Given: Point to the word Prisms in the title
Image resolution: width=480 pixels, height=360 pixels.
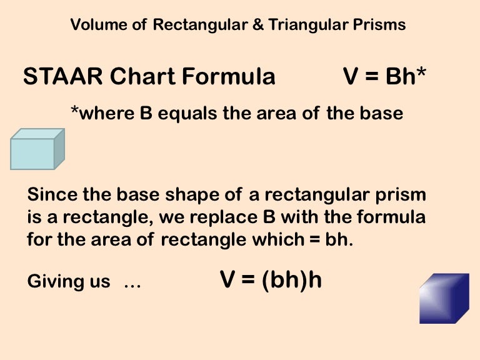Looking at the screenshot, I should [x=383, y=25].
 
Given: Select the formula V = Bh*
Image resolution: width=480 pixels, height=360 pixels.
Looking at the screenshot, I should [x=385, y=77].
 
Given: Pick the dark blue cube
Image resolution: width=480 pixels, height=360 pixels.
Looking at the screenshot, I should [x=444, y=298].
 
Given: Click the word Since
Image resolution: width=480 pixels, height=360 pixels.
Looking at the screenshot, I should [x=51, y=195].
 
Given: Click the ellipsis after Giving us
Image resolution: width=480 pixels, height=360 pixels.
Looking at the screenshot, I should [x=132, y=283].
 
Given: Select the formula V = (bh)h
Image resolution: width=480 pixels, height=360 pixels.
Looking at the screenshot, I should [x=271, y=280].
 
